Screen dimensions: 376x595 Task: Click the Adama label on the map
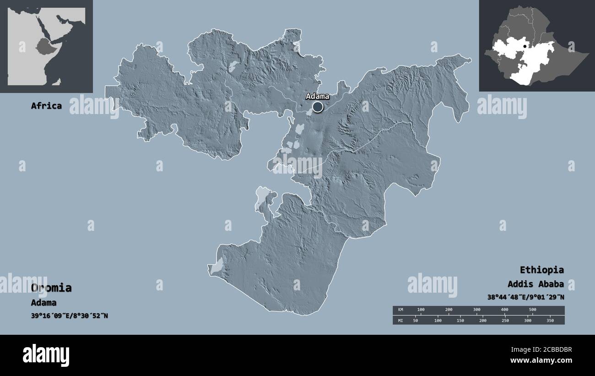[x=317, y=97]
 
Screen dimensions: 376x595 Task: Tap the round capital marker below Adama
[x=317, y=108]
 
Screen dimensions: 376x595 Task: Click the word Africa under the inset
[x=46, y=106]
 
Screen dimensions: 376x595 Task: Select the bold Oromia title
[x=51, y=288]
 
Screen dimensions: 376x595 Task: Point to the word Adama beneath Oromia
[x=44, y=303]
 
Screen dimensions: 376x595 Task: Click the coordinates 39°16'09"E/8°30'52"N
[x=70, y=316]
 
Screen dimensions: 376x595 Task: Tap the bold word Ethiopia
[x=541, y=270]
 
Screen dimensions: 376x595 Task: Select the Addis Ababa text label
[x=535, y=283]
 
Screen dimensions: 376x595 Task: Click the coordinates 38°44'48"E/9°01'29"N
[x=525, y=297]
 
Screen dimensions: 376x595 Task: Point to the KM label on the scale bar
[x=400, y=310]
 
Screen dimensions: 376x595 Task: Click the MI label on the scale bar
[x=400, y=321]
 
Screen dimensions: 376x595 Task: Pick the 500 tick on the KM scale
[x=532, y=310]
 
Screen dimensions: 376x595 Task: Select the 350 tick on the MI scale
[x=550, y=321]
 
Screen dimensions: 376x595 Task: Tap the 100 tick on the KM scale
[x=421, y=310]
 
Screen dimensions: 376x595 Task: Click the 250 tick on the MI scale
[x=505, y=321]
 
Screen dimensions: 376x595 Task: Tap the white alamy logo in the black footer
[x=46, y=355]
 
